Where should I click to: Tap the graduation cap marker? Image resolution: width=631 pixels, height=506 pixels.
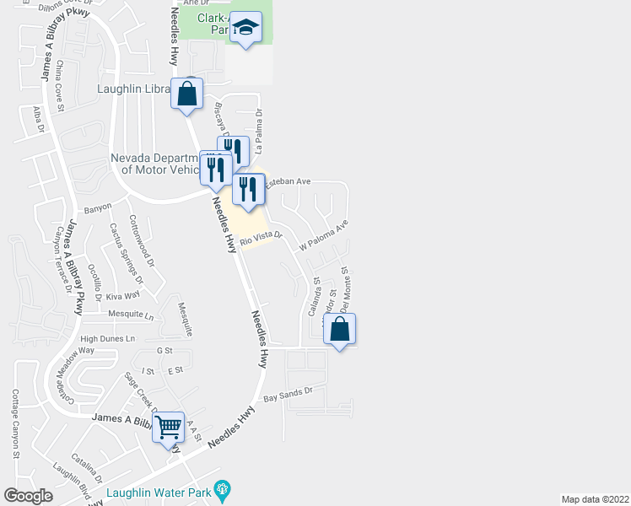coord(245,29)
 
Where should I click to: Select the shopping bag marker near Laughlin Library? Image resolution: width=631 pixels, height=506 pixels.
coord(186,93)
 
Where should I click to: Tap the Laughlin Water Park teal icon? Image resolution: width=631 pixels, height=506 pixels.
coord(223,489)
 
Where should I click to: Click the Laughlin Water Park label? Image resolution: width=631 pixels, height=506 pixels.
coord(159,492)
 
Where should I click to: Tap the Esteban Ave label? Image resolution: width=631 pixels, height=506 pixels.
coord(289,181)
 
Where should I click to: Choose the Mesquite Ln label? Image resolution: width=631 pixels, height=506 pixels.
coord(132,315)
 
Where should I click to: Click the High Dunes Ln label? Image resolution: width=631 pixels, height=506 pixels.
coord(107,338)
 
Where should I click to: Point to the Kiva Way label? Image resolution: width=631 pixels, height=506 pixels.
coord(123,296)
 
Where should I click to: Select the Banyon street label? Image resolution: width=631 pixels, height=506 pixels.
coord(98,209)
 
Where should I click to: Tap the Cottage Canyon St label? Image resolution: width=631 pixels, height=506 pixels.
coord(15,423)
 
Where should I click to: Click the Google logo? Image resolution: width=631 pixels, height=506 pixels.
coord(28,496)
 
